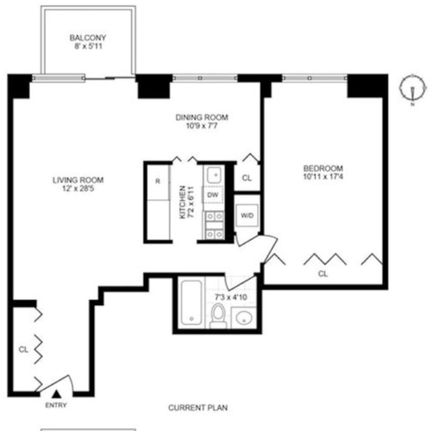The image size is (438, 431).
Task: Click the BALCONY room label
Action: pyautogui.click(x=88, y=37)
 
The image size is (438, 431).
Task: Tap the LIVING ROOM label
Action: pyautogui.click(x=79, y=180)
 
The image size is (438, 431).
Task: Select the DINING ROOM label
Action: pyautogui.click(x=202, y=117)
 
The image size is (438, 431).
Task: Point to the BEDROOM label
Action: pyautogui.click(x=323, y=168)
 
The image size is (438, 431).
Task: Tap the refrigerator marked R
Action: pyautogui.click(x=158, y=182)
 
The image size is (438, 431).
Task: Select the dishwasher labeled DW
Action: pyautogui.click(x=213, y=195)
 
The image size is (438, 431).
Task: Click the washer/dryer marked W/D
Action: pyautogui.click(x=247, y=215)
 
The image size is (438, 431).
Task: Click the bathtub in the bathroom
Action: pyautogui.click(x=191, y=303)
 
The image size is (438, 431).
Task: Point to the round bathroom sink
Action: pyautogui.click(x=244, y=318)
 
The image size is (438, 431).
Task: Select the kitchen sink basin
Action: pyautogui.click(x=214, y=175)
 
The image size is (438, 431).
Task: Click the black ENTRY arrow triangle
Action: pyautogui.click(x=56, y=394)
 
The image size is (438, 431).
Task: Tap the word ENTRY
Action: pyautogui.click(x=56, y=405)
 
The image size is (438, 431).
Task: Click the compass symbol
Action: pyautogui.click(x=413, y=88)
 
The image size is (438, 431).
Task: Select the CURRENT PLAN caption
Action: pyautogui.click(x=198, y=408)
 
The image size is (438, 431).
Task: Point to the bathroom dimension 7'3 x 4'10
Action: pyautogui.click(x=231, y=297)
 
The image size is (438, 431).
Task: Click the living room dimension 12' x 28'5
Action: pyautogui.click(x=79, y=188)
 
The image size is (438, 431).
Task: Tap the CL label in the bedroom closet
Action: pyautogui.click(x=323, y=274)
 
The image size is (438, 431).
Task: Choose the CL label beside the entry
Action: pyautogui.click(x=23, y=349)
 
